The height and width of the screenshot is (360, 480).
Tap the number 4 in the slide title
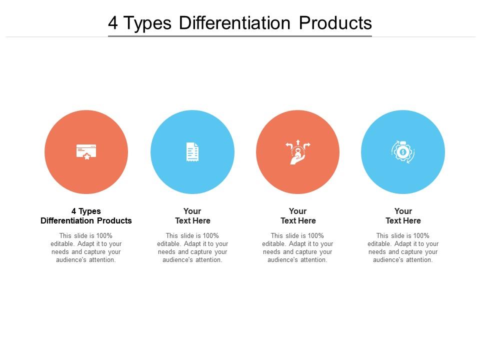[x=113, y=23]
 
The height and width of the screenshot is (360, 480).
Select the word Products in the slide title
[x=335, y=23]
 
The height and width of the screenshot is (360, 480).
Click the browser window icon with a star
[x=86, y=151]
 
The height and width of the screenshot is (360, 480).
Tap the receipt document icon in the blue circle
[x=192, y=152]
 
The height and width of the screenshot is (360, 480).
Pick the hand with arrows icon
[x=297, y=152]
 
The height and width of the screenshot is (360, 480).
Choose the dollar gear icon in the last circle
[x=403, y=151]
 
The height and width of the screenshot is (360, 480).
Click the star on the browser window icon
[x=87, y=156]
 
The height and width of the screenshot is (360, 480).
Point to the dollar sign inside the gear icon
[x=403, y=152]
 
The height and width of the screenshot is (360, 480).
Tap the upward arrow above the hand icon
[x=298, y=142]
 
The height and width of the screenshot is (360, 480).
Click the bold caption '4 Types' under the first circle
[x=86, y=211]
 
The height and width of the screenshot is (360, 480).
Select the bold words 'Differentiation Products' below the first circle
[x=86, y=221]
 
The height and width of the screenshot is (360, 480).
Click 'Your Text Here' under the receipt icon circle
[x=192, y=216]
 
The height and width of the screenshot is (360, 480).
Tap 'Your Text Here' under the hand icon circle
[x=298, y=216]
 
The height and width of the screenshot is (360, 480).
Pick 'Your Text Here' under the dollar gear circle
[x=403, y=216]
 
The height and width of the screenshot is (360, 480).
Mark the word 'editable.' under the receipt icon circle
[x=169, y=244]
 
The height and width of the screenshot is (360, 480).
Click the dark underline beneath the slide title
[x=240, y=36]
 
